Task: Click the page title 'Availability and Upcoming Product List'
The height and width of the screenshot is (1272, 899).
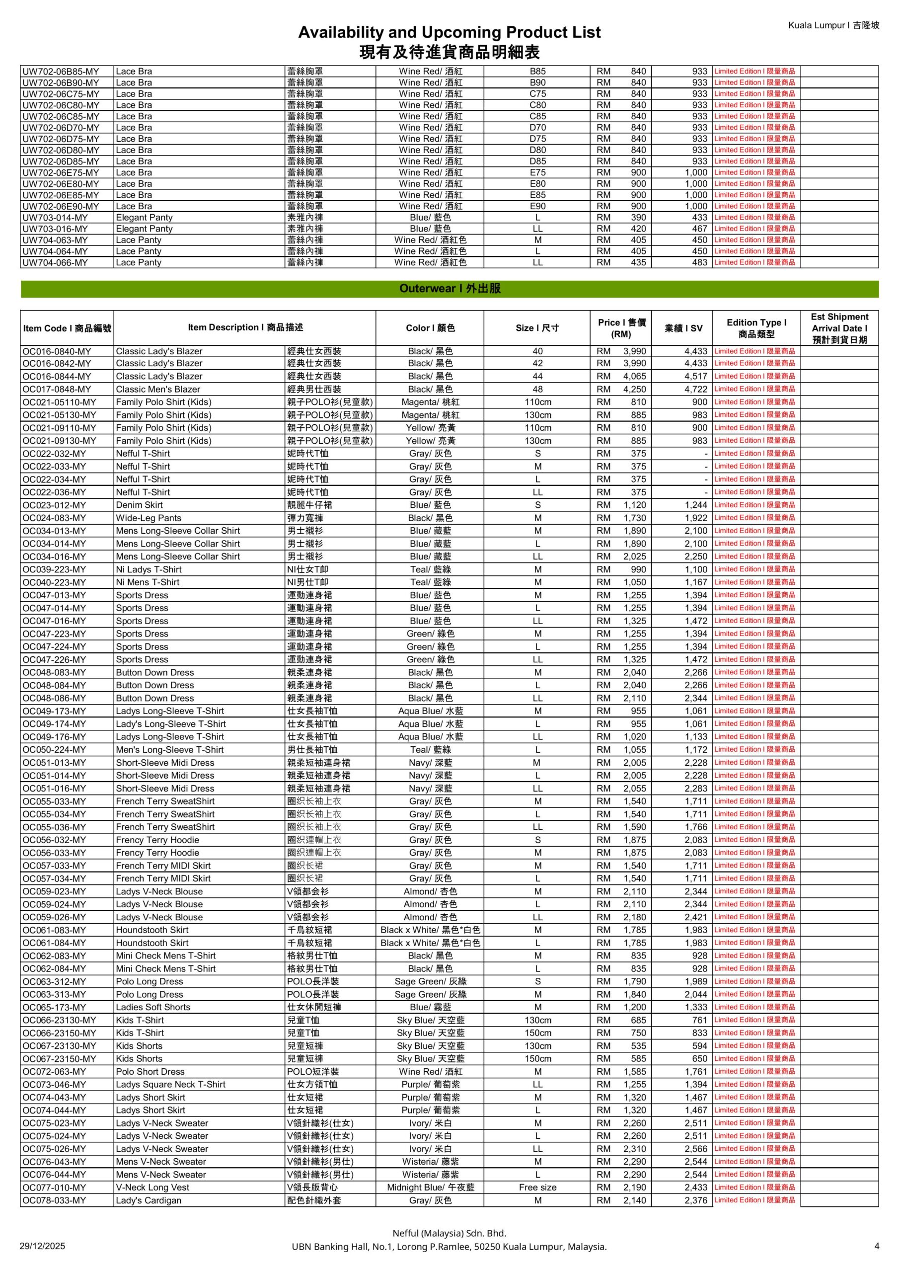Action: tap(449, 32)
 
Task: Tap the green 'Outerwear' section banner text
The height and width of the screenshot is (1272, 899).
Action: tap(449, 289)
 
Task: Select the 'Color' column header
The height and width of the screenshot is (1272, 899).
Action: tap(430, 328)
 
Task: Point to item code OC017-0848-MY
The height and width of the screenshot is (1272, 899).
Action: tap(57, 390)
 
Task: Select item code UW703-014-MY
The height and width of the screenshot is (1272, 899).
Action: tap(55, 218)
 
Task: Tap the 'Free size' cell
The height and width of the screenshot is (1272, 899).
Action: tap(537, 1187)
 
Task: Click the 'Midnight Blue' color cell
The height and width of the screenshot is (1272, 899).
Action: tap(430, 1187)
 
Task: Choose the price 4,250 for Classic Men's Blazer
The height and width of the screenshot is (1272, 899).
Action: tap(634, 390)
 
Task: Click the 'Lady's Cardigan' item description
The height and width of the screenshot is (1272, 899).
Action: tap(149, 1200)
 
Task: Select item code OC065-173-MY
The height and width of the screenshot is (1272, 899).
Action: tap(54, 1007)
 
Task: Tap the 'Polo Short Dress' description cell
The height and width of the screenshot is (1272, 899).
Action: tap(150, 1071)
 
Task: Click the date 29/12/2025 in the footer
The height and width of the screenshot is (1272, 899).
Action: tap(42, 1246)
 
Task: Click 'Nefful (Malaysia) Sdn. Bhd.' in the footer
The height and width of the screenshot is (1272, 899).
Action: tap(449, 1233)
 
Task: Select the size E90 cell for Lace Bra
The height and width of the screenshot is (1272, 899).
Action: tap(537, 206)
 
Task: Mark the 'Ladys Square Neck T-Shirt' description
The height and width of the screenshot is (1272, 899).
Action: tap(170, 1084)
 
